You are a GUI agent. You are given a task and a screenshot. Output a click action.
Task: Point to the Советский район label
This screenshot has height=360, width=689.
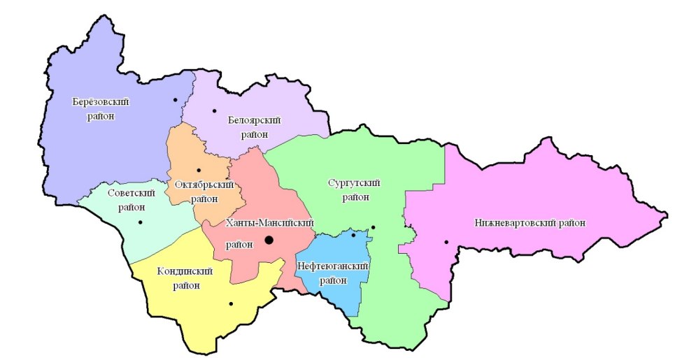tap(127, 199)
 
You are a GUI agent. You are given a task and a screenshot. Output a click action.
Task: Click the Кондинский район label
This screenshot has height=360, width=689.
tap(185, 278)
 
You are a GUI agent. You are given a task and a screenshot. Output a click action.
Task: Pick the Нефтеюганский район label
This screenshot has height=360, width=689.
tap(332, 273)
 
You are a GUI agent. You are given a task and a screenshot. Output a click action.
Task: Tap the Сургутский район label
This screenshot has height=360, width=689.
tap(354, 189)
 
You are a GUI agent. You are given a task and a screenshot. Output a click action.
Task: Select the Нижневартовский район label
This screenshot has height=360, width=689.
tap(529, 222)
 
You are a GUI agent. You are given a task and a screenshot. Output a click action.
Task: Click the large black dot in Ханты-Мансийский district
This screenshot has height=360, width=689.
tap(269, 240)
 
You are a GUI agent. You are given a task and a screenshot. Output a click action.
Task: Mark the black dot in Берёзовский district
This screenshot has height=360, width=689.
tap(176, 100)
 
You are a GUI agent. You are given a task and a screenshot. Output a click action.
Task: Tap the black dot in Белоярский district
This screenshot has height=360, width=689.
tap(215, 111)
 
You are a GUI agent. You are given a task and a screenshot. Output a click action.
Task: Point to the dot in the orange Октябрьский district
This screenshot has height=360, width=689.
tap(199, 170)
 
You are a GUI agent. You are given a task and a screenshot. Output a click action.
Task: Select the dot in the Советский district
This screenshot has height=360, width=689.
tap(141, 222)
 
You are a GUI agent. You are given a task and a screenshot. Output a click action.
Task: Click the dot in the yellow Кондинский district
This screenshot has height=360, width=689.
tap(230, 303)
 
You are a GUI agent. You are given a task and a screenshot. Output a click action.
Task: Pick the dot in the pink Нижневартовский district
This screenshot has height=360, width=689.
tap(446, 243)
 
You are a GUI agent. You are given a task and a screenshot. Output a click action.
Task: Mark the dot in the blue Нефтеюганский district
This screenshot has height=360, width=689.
tap(353, 235)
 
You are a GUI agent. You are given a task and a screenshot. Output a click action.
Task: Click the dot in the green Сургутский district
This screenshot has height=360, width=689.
tap(373, 227)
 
